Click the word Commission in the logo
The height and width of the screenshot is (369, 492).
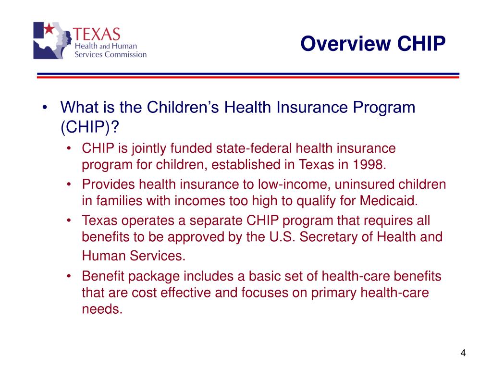point(125,54)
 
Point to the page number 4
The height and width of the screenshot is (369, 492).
point(463,353)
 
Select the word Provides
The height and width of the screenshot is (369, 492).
point(109,184)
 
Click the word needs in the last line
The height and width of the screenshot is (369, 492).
point(102,309)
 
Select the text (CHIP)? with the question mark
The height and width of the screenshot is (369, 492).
point(89,128)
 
